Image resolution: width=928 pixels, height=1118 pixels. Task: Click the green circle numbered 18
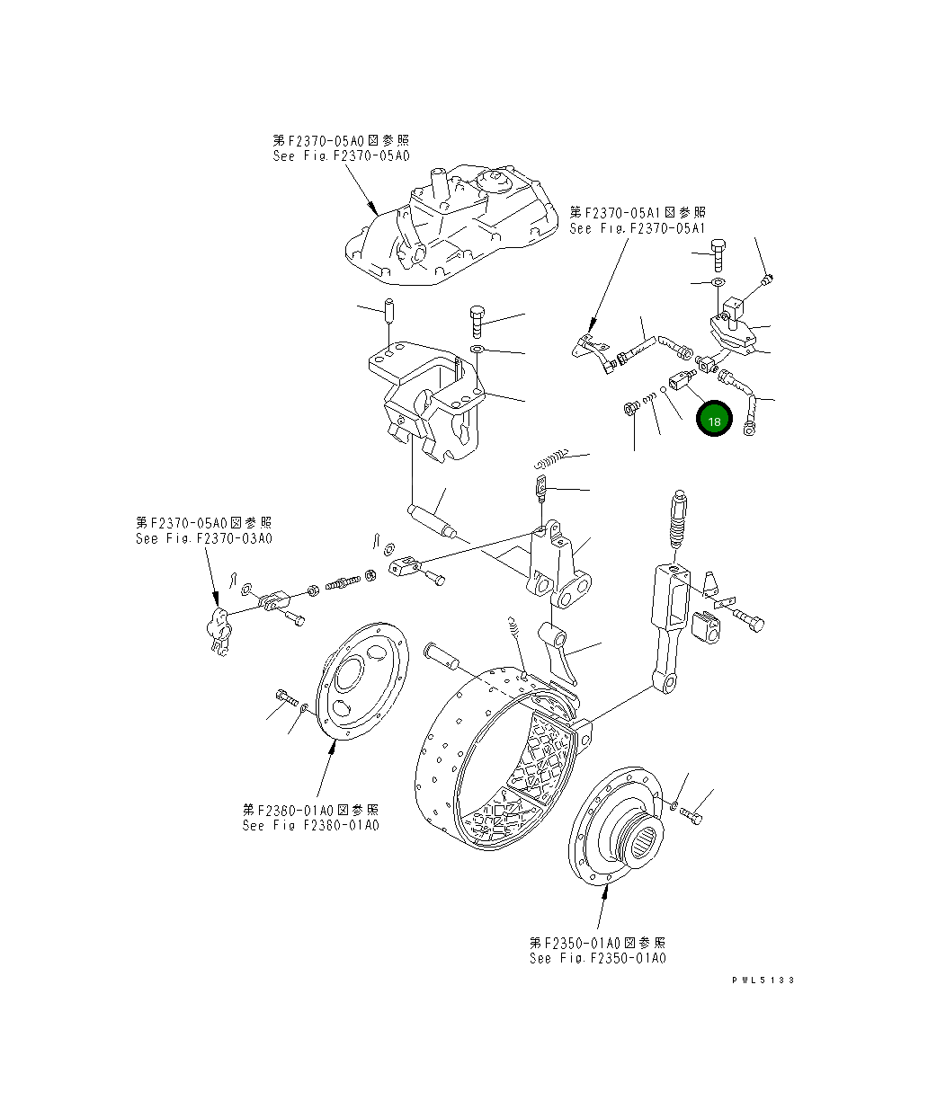click(715, 421)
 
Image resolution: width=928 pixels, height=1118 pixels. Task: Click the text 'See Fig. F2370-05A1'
click(637, 228)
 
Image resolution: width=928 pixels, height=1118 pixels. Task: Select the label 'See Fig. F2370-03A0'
click(203, 538)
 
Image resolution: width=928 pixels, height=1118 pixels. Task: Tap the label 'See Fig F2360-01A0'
click(310, 825)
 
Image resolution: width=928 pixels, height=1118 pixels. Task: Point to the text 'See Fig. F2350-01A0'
click(597, 957)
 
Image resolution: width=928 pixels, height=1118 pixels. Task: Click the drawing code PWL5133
click(763, 980)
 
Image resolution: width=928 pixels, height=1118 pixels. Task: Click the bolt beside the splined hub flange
click(692, 815)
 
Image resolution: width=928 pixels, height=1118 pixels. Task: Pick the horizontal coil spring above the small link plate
click(549, 457)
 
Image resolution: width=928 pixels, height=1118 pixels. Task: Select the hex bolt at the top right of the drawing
click(718, 254)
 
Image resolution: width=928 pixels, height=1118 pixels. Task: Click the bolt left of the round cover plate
click(283, 697)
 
